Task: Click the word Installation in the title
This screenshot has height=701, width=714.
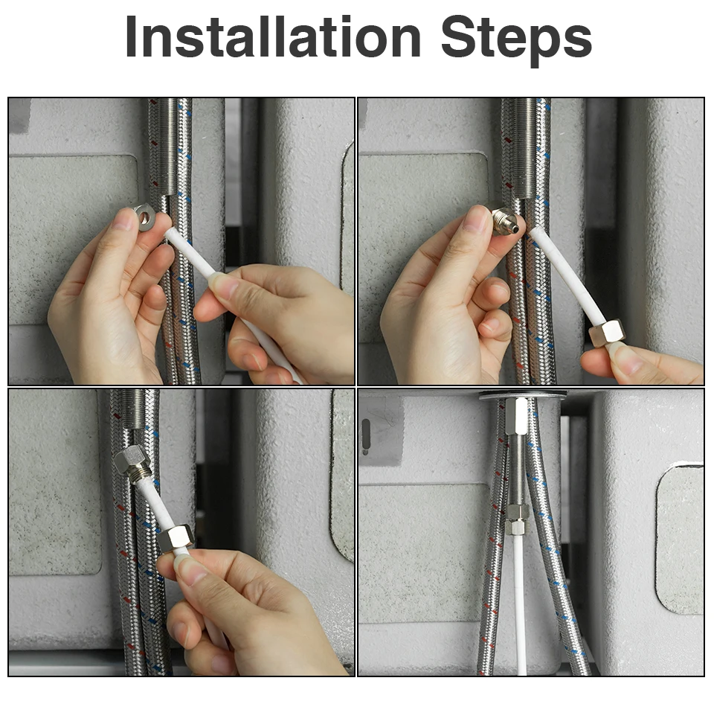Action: [x=273, y=36]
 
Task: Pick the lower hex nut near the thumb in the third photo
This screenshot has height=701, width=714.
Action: [x=176, y=538]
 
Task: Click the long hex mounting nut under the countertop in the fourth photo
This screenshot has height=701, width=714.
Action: [x=516, y=415]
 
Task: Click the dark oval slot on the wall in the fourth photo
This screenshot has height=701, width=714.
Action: [x=366, y=434]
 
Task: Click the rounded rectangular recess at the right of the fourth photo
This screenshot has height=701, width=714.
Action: [x=679, y=538]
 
